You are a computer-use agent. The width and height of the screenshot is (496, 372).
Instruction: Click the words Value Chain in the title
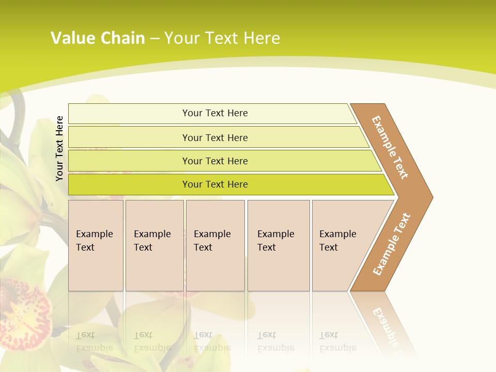(x=98, y=38)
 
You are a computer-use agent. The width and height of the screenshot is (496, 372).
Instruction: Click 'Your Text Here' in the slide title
(x=222, y=38)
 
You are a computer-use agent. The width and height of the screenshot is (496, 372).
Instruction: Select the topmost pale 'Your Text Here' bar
(x=214, y=113)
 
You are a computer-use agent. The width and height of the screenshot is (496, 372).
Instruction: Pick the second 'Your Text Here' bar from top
(x=214, y=137)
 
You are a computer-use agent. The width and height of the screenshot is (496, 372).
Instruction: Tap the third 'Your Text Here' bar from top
(x=214, y=161)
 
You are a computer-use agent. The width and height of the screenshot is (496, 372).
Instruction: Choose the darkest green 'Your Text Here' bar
(x=214, y=184)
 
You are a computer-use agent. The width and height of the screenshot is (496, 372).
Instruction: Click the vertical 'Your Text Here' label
(x=60, y=148)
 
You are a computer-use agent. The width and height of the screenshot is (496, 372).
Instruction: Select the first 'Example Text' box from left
(x=96, y=245)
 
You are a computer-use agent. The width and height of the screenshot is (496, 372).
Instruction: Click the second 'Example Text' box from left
(x=154, y=245)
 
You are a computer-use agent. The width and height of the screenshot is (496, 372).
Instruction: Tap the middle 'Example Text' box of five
(x=214, y=245)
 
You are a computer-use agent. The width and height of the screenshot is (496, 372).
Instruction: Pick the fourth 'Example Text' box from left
(x=278, y=245)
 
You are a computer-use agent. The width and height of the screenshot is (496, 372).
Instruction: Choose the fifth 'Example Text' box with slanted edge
(x=341, y=245)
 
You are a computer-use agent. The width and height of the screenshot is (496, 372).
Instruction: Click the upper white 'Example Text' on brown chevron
(x=390, y=147)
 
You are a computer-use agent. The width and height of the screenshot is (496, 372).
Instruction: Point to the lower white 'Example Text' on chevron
(x=392, y=244)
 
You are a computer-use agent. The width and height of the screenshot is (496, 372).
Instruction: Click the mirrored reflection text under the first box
(x=95, y=342)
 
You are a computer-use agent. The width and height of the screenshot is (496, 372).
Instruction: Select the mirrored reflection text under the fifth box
(x=338, y=342)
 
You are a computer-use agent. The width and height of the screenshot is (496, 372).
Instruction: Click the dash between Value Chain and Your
(x=154, y=39)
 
